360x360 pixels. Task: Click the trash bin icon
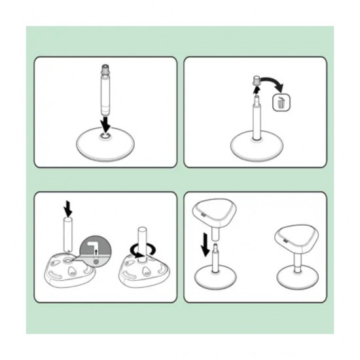(x=281, y=103)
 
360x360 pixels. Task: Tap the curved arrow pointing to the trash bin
(x=273, y=84)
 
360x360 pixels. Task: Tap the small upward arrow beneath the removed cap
(x=256, y=93)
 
